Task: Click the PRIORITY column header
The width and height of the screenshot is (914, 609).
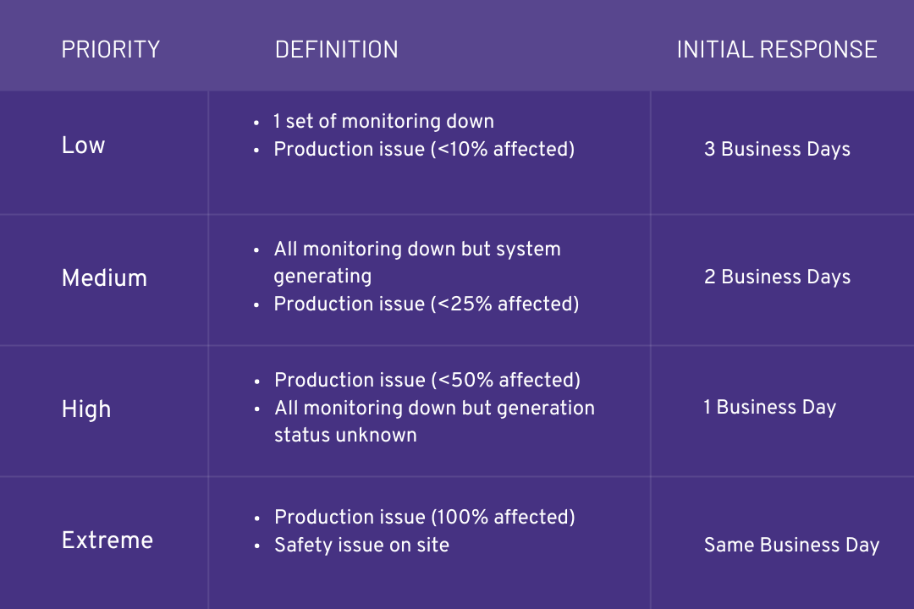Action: point(111,49)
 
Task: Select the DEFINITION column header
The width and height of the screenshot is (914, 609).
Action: point(336,49)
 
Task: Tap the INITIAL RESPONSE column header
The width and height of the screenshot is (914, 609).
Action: point(776,49)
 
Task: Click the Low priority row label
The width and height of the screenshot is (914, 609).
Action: point(83,145)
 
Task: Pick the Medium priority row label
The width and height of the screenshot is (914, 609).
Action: point(104,277)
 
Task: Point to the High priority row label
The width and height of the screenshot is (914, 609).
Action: point(86,409)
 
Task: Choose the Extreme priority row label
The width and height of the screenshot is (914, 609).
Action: point(107,540)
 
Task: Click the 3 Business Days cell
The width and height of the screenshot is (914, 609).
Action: point(777,150)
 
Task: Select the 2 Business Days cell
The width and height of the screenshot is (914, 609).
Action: point(777,277)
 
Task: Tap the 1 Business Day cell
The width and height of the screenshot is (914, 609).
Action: point(769,408)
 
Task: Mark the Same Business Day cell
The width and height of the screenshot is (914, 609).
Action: point(791,546)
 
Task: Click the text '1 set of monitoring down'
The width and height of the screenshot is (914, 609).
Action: point(383,122)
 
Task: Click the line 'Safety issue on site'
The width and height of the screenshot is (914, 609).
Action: point(361,546)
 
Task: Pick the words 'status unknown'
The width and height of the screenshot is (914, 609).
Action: point(345,436)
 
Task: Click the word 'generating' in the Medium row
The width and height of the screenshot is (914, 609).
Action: point(322,277)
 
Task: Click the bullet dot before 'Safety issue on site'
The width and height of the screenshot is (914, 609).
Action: point(256,546)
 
